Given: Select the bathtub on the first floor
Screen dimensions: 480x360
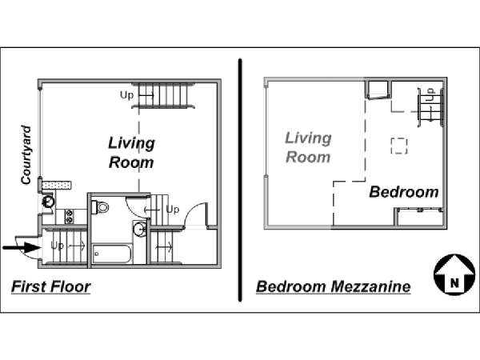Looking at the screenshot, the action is tap(112, 254).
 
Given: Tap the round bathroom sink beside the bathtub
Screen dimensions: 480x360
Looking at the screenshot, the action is tap(140, 228).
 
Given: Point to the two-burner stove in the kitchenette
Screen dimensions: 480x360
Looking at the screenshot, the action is tap(70, 216).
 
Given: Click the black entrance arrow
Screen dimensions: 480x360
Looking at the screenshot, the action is tap(21, 246).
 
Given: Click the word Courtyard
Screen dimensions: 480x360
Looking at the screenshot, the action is tap(26, 155).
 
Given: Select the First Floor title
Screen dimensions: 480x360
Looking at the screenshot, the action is tap(51, 287).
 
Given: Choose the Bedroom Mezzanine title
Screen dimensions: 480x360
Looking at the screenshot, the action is tap(334, 287).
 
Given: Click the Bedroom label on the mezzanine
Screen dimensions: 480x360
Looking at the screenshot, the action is tap(404, 192).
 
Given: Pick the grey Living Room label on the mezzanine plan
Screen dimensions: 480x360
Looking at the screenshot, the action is tap(308, 147).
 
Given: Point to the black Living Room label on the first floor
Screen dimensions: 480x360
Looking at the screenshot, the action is tap(132, 153).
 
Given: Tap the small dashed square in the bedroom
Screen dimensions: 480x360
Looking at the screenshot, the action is tap(399, 146).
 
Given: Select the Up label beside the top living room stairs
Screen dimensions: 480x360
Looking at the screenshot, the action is tap(126, 95).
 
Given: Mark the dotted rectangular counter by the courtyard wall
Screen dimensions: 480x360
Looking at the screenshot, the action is tap(57, 186).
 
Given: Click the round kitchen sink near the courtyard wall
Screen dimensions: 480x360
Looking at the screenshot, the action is tap(48, 202).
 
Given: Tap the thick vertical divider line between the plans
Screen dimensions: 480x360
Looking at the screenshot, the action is tap(240, 180).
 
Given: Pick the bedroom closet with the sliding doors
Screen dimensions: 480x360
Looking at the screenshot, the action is tap(420, 218).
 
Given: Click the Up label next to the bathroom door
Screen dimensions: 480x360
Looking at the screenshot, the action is tap(172, 210).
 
